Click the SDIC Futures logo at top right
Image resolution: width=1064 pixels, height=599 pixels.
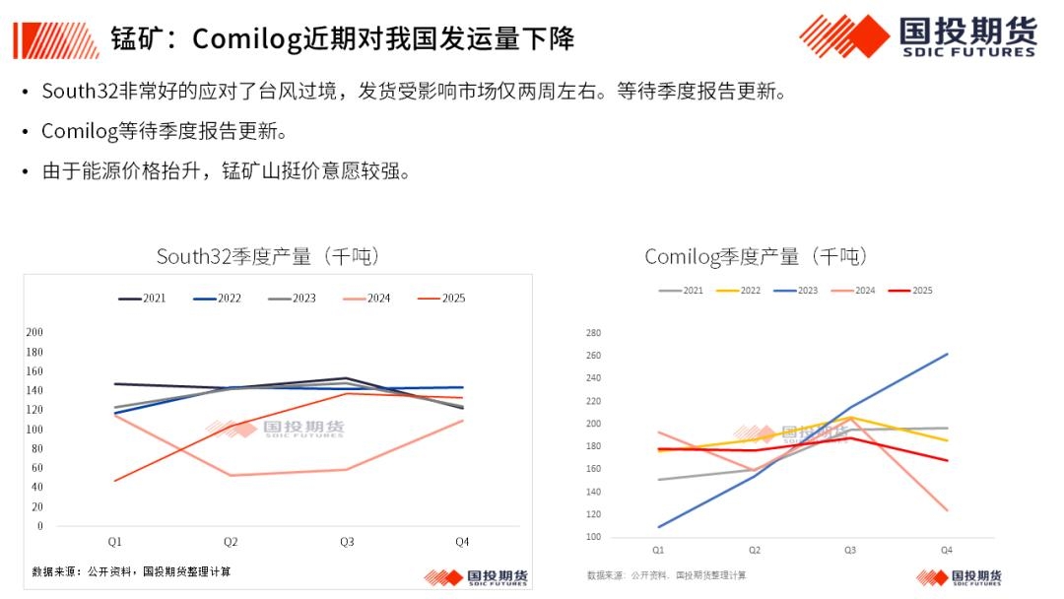click(x=917, y=36)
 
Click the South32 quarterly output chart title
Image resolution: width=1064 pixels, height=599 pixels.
click(x=268, y=257)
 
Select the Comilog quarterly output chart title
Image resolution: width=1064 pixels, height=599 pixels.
click(x=757, y=257)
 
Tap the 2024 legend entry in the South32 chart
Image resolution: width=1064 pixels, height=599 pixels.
click(x=366, y=299)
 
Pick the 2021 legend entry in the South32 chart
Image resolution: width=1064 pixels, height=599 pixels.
click(x=142, y=299)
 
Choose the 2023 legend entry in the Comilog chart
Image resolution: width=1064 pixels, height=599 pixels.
click(x=794, y=291)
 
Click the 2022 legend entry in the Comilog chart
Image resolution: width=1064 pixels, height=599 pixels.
click(x=737, y=291)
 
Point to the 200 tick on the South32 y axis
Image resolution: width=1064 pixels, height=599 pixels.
click(x=34, y=332)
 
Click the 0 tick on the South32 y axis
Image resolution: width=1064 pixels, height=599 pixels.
click(x=40, y=525)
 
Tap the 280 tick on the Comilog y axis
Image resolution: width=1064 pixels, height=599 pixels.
click(x=593, y=333)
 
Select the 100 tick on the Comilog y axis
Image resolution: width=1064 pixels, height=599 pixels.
click(x=593, y=537)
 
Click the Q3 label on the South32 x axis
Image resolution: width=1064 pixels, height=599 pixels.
click(x=347, y=541)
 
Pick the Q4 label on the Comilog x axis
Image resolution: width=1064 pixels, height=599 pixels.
click(x=947, y=550)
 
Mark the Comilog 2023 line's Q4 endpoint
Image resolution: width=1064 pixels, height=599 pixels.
click(x=947, y=354)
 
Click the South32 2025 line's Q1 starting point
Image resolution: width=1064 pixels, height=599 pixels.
click(x=115, y=481)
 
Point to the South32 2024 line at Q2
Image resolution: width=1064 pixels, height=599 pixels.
click(x=231, y=475)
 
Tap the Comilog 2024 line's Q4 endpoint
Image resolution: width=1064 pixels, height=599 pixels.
click(x=947, y=510)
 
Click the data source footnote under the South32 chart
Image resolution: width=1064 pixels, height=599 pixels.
click(x=131, y=571)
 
